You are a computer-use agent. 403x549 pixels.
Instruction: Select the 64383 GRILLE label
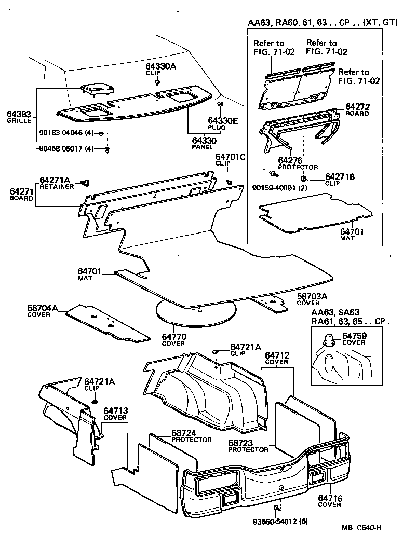coord(19,117)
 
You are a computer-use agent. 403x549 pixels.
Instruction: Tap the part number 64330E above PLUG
coord(223,121)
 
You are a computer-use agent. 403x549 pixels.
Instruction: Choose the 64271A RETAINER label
coord(57,183)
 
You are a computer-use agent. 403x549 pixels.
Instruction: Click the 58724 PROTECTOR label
coord(191,436)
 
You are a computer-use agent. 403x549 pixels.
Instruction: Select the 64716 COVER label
coord(330,501)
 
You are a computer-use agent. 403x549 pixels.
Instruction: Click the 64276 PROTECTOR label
coord(298,164)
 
